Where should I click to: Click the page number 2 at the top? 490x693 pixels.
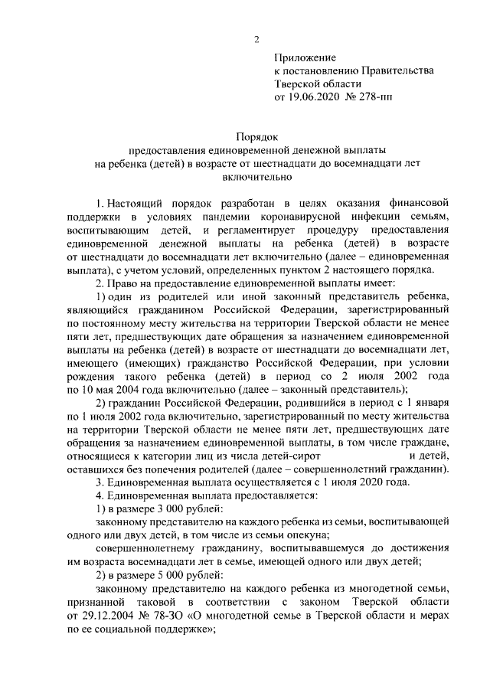click(x=257, y=40)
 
